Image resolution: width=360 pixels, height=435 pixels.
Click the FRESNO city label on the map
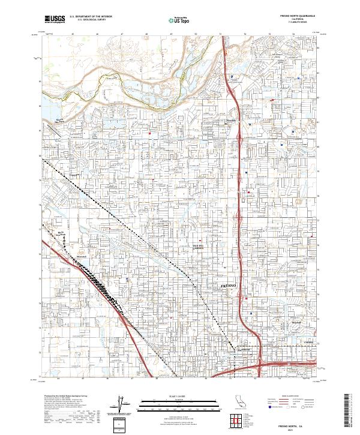[x=230, y=286]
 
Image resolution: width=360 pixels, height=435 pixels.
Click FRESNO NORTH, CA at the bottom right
[x=294, y=424]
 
